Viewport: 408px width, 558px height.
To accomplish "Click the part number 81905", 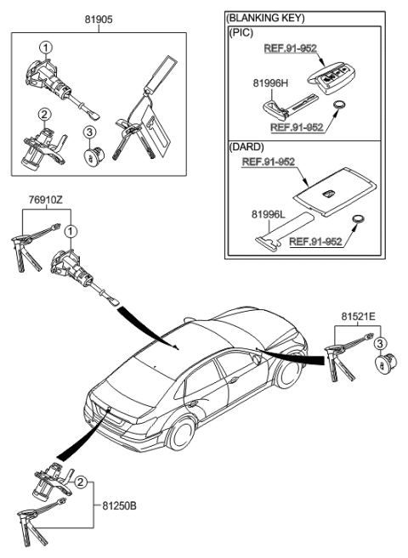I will coord(98,16).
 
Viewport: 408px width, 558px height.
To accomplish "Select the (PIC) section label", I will coord(240,31).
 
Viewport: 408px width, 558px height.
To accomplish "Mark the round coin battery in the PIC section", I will coord(341,106).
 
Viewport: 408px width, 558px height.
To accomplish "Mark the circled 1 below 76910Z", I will coord(72,228).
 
